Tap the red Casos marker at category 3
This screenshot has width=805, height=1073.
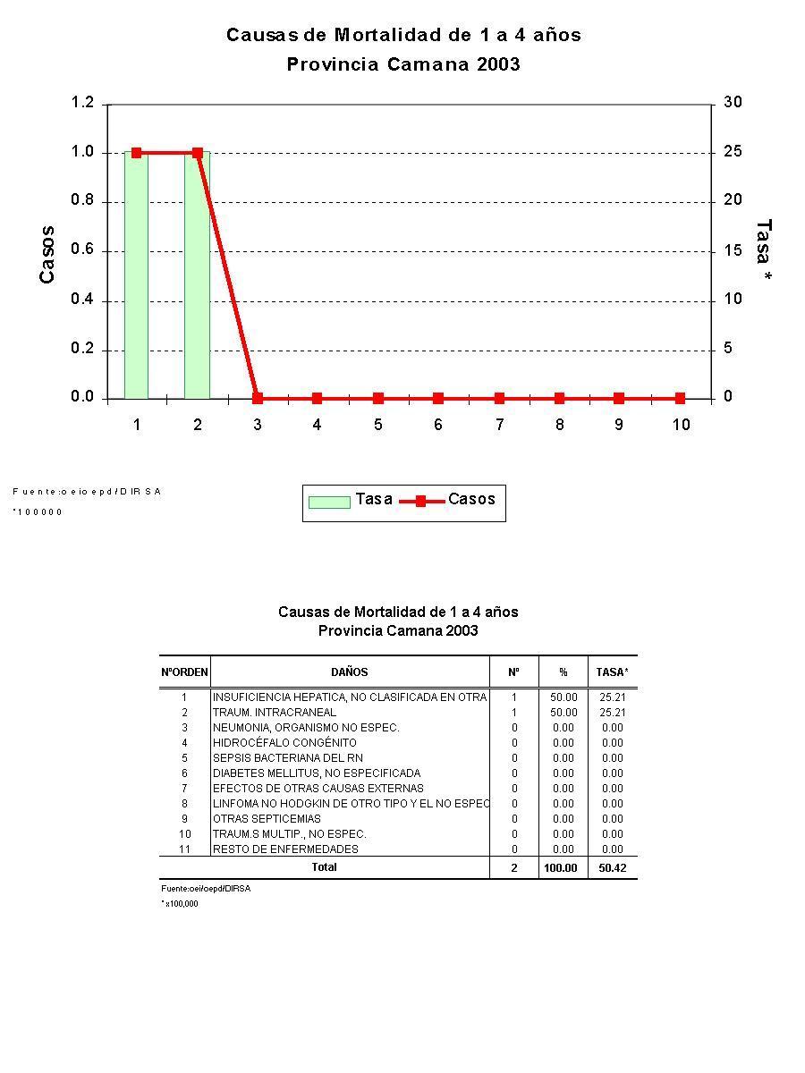[x=258, y=398]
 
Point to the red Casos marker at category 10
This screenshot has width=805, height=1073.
[x=680, y=398]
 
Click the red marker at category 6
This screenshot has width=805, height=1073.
[x=438, y=398]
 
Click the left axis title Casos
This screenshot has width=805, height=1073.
[x=47, y=255]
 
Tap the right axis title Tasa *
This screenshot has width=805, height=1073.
[x=763, y=251]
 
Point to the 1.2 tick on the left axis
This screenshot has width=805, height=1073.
[x=82, y=103]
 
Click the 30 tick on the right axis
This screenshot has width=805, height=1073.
[x=733, y=103]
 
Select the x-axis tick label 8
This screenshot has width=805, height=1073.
[x=559, y=425]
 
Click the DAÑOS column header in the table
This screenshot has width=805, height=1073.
[x=349, y=672]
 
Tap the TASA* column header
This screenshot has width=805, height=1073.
[x=612, y=672]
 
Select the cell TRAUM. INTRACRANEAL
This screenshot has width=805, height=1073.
[x=275, y=713]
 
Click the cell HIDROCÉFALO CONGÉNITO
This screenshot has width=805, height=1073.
[x=284, y=743]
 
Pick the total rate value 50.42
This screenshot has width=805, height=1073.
[x=612, y=868]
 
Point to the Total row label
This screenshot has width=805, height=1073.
[x=324, y=867]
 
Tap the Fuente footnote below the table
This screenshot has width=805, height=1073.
[x=206, y=890]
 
